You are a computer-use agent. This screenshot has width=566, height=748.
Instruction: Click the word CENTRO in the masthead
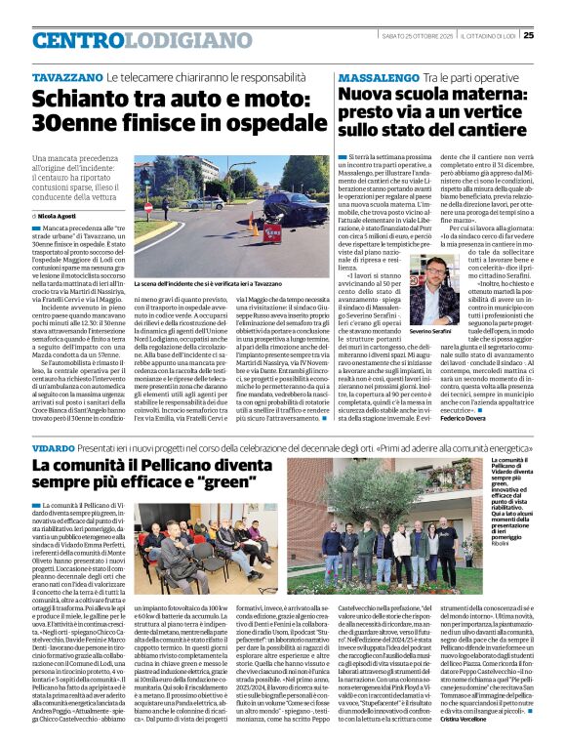78,40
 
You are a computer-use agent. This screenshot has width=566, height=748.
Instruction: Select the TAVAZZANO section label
67,75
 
